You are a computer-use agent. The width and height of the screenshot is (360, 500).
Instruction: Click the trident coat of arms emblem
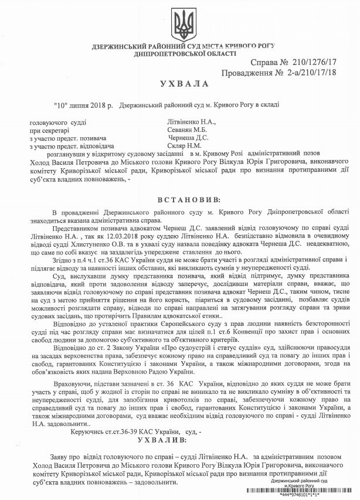(x=179, y=25)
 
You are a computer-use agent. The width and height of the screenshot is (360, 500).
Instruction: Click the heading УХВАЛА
(x=180, y=84)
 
